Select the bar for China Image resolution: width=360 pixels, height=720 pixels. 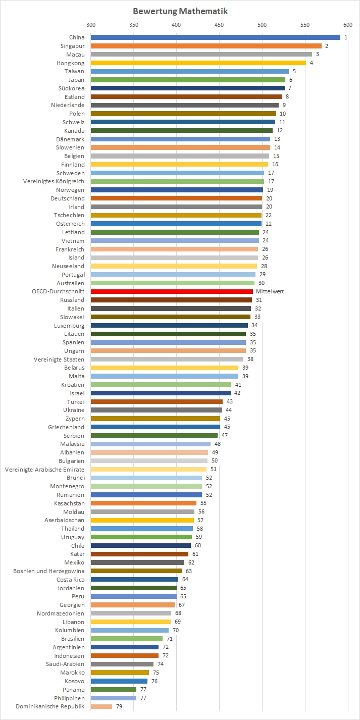(215, 37)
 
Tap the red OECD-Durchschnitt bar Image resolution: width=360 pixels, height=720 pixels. (172, 291)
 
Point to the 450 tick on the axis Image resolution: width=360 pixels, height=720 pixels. (219, 25)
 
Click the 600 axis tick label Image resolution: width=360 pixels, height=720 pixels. (347, 25)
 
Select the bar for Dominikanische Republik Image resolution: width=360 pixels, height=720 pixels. (101, 706)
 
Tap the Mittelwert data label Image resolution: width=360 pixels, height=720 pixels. (268, 291)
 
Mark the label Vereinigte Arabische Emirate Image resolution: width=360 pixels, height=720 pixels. (45, 470)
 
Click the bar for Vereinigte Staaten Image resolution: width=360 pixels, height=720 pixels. (167, 359)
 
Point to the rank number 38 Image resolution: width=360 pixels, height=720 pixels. (250, 359)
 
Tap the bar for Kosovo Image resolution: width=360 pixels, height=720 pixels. (119, 681)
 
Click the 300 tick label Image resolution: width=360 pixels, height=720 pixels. (91, 25)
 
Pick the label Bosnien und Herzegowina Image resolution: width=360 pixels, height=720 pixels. (49, 571)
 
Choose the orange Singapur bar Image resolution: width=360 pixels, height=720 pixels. (206, 46)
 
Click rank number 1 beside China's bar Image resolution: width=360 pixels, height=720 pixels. (346, 37)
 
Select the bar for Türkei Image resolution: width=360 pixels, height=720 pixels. (157, 402)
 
